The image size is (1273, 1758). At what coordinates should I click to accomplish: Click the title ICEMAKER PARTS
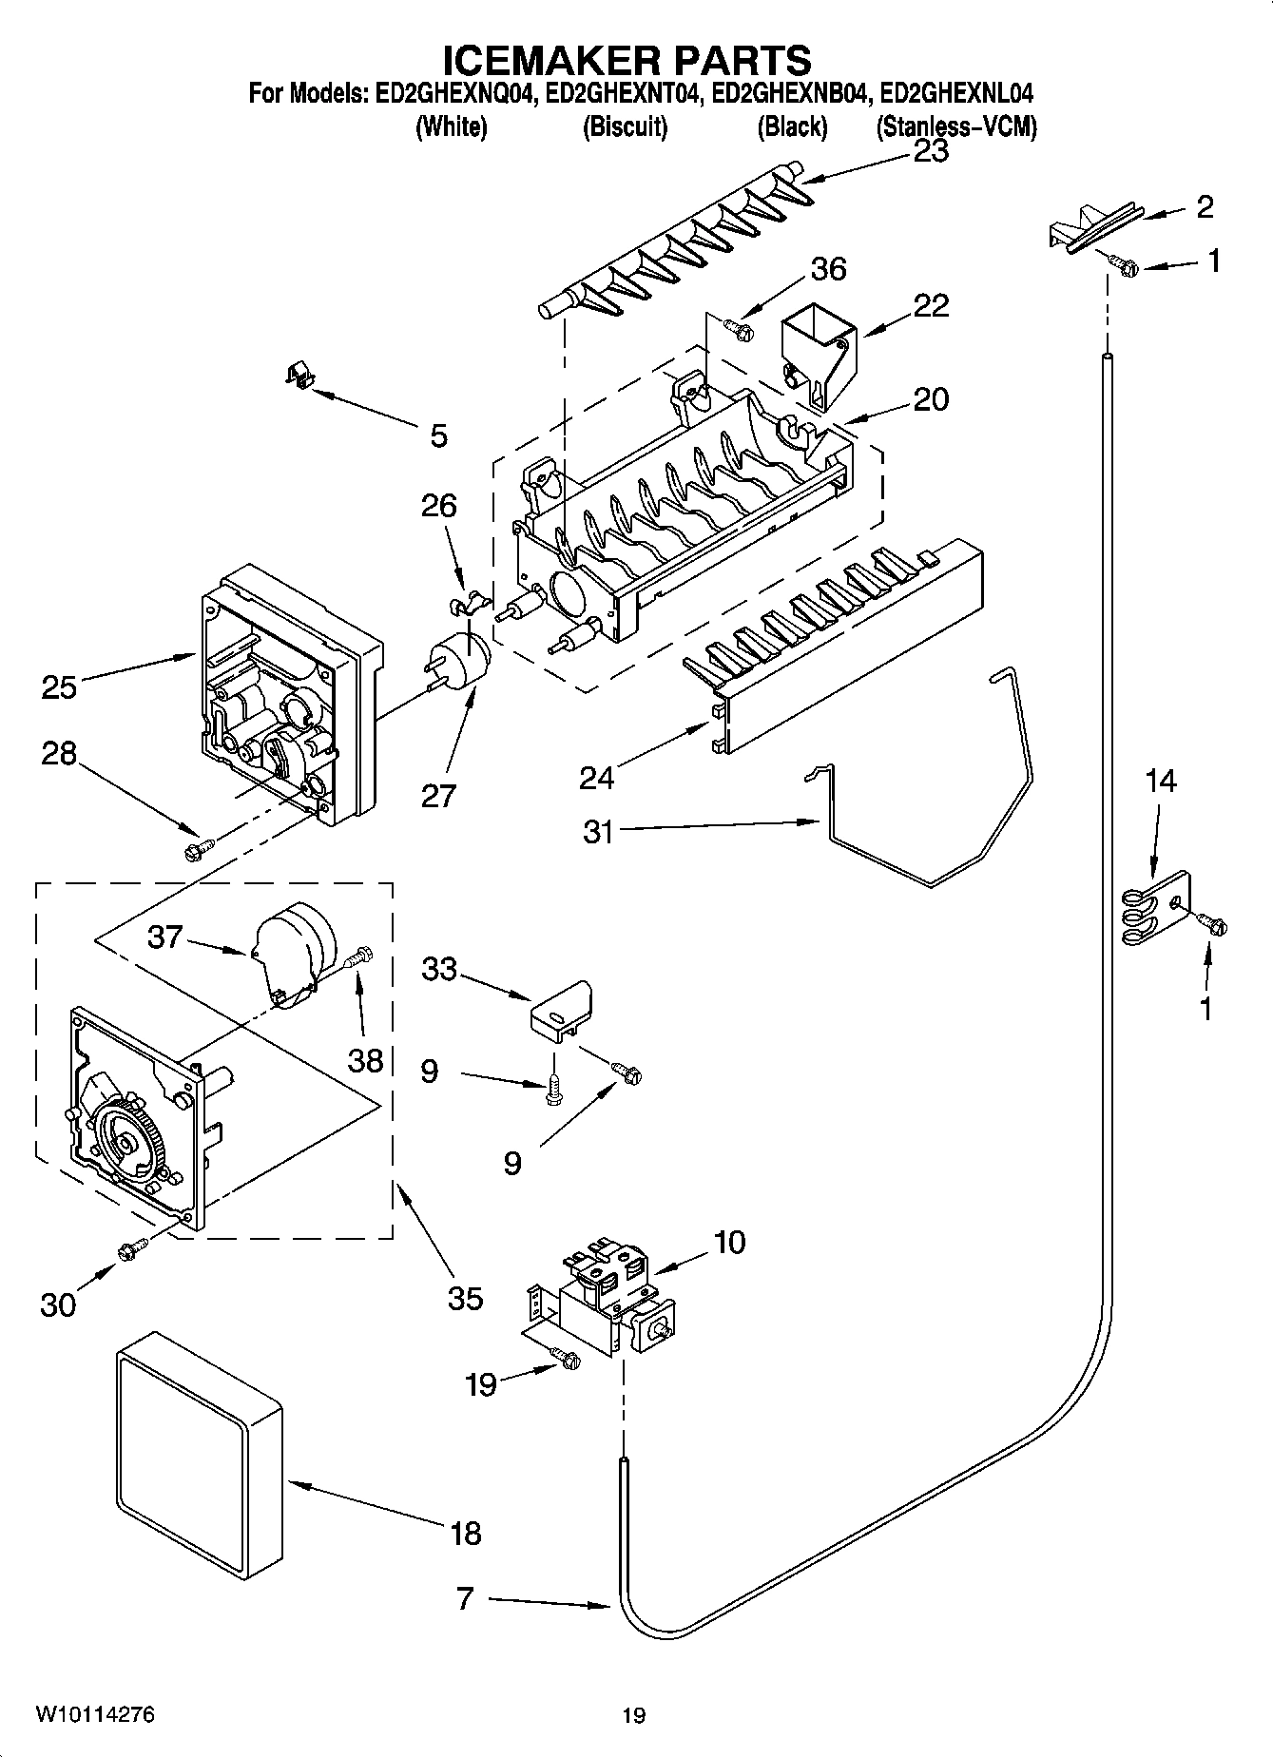(x=627, y=59)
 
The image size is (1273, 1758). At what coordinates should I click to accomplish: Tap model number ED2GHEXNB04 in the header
(x=791, y=94)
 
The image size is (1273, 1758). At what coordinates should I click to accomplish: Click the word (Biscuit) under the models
(x=625, y=126)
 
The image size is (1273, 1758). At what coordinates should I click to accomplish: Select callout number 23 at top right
(x=930, y=152)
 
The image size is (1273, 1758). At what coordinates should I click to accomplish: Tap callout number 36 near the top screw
(x=828, y=269)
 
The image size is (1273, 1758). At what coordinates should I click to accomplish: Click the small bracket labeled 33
(x=562, y=1009)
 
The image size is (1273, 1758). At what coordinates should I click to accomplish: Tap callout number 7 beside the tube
(x=464, y=1598)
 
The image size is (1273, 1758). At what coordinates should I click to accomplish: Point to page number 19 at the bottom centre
(x=633, y=1716)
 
